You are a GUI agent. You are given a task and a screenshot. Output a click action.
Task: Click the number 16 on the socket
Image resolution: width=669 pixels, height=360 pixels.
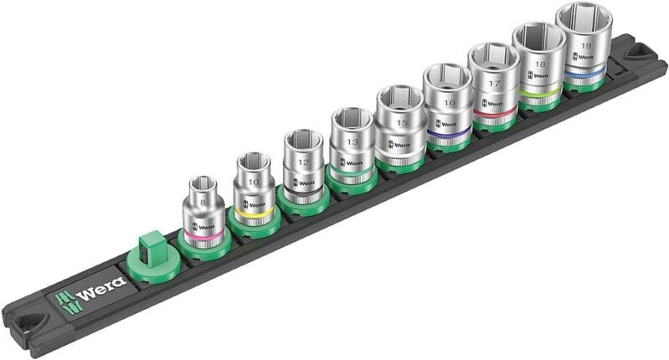450,102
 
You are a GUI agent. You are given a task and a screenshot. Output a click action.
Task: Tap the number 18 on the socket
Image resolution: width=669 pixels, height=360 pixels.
540,64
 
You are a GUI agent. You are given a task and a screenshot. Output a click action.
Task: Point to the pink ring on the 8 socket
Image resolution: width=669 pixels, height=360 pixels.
203,239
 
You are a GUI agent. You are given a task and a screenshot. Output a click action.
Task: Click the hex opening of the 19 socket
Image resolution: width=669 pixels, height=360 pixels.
583,16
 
